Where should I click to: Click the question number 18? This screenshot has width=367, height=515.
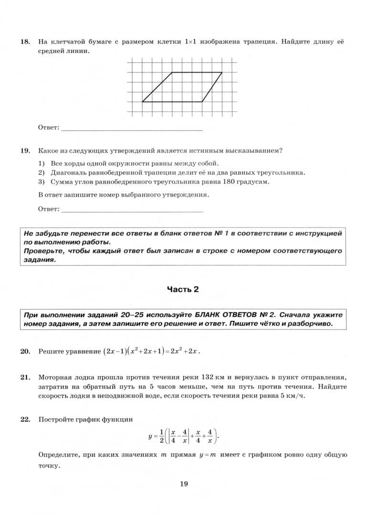pos(25,42)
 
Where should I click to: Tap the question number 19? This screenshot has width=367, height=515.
pos(25,151)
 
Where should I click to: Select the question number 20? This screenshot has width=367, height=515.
pos(25,351)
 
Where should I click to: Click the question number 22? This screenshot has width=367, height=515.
pos(25,420)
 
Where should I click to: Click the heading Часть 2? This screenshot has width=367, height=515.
pos(183,289)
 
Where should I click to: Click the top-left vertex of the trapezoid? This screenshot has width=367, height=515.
pos(172,72)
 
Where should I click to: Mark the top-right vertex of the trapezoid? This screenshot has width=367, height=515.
pos(222,72)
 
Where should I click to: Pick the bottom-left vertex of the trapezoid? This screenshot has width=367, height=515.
pos(142,102)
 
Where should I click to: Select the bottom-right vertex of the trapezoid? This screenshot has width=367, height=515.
pos(202,102)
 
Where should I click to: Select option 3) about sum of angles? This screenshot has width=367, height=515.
pos(153,182)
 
